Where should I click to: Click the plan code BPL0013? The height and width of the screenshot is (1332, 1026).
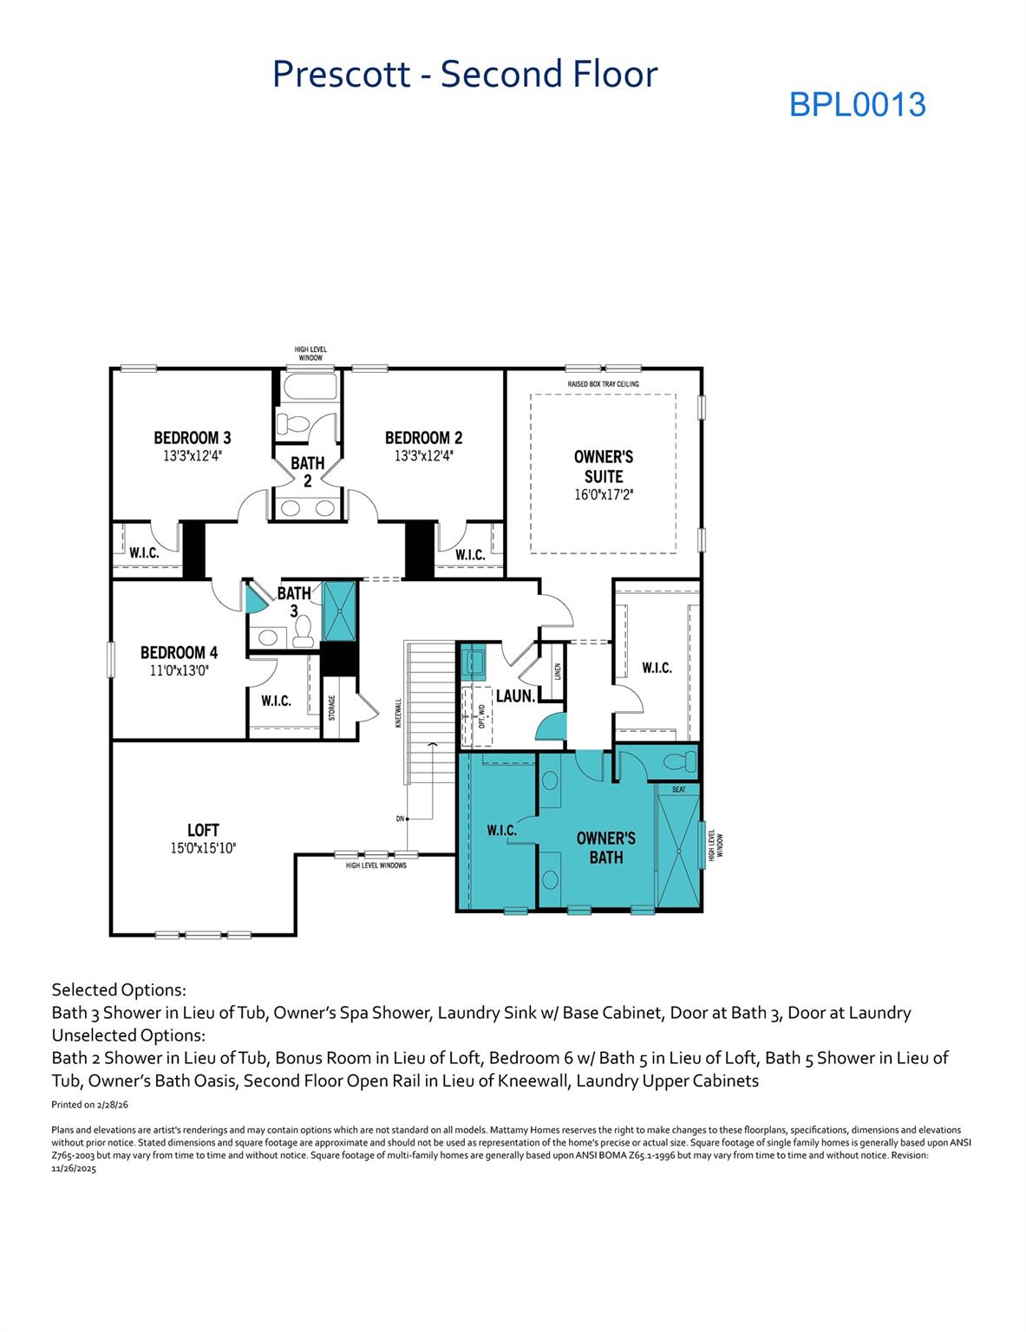857,104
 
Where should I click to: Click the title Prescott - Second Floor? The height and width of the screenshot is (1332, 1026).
465,75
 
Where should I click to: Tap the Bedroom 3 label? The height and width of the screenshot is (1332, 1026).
192,438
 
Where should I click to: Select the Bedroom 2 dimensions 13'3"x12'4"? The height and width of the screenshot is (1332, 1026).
423,454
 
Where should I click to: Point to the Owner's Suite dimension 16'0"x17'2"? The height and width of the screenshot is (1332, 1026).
604,495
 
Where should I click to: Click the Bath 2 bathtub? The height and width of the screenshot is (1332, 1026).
306,387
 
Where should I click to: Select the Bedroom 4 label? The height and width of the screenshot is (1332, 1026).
179,652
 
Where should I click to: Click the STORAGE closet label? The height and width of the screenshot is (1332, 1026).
331,708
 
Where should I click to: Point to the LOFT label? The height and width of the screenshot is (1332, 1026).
203,830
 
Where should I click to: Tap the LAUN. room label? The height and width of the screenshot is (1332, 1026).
513,695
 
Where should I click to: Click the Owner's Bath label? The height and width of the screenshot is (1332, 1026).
605,847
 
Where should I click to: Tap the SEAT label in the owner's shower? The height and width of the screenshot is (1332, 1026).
678,789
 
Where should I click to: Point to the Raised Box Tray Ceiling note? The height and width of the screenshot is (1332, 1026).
603,383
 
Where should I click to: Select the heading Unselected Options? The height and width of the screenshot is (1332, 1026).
128,1035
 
